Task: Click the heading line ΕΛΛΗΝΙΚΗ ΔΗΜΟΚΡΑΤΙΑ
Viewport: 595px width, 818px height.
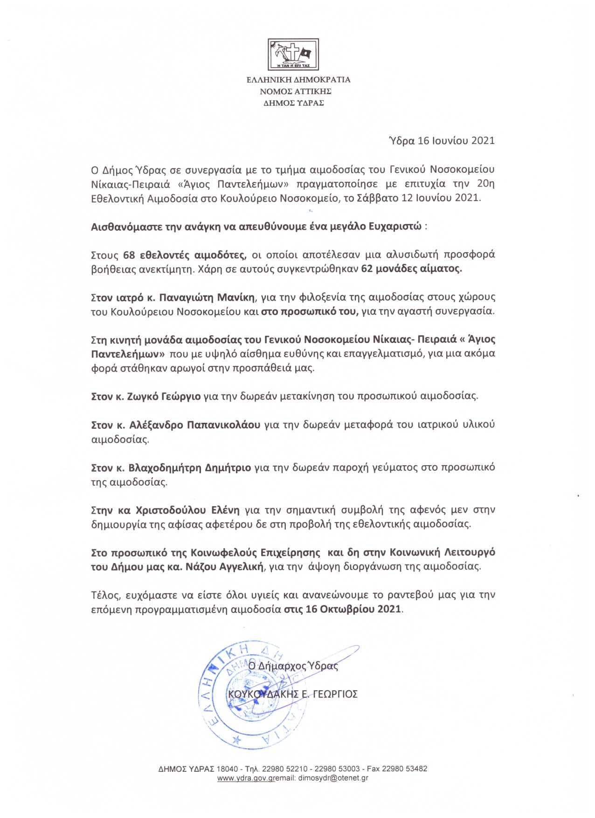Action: click(x=298, y=80)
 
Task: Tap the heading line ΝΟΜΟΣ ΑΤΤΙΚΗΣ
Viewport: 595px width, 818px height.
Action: click(x=296, y=91)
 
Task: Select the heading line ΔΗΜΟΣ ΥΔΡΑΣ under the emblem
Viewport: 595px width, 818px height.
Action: click(x=294, y=103)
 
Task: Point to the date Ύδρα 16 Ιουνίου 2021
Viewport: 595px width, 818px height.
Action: click(x=442, y=141)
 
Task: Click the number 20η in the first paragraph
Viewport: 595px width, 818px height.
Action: click(x=485, y=184)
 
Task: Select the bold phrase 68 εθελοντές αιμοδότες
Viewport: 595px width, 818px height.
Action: click(x=185, y=255)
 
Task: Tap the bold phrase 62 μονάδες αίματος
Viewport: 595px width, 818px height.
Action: click(x=411, y=269)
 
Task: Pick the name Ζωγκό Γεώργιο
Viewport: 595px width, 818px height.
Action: click(x=164, y=397)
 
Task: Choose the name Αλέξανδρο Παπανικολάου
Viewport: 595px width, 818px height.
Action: click(x=194, y=425)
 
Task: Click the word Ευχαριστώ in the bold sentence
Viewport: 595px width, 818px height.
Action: click(x=395, y=227)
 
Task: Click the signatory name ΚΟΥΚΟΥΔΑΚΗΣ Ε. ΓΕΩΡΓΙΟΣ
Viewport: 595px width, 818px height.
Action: click(x=293, y=694)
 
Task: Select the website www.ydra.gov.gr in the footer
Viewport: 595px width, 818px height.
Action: click(x=246, y=778)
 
